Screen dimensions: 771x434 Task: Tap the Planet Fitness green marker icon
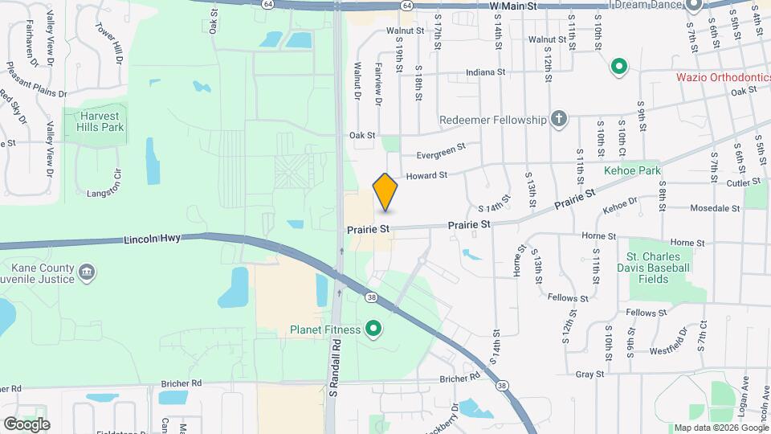tap(373, 329)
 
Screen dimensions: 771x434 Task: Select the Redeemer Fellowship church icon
tap(560, 120)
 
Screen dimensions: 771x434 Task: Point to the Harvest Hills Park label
tap(100, 121)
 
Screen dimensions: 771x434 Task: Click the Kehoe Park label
tap(632, 171)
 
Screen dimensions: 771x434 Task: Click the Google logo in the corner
tap(27, 424)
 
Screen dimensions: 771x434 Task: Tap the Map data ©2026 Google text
tap(720, 428)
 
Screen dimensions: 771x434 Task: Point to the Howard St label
tap(426, 174)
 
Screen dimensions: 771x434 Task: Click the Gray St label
tap(589, 375)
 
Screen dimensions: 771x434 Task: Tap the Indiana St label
tap(486, 72)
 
